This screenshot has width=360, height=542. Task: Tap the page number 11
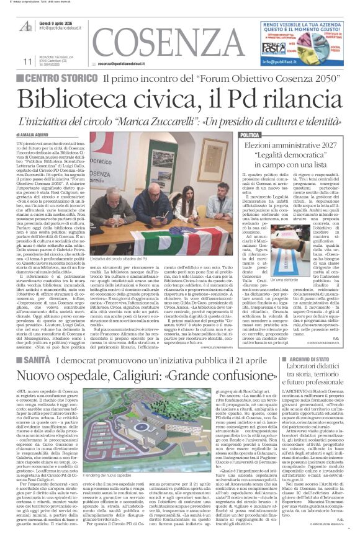pyautogui.click(x=25, y=61)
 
